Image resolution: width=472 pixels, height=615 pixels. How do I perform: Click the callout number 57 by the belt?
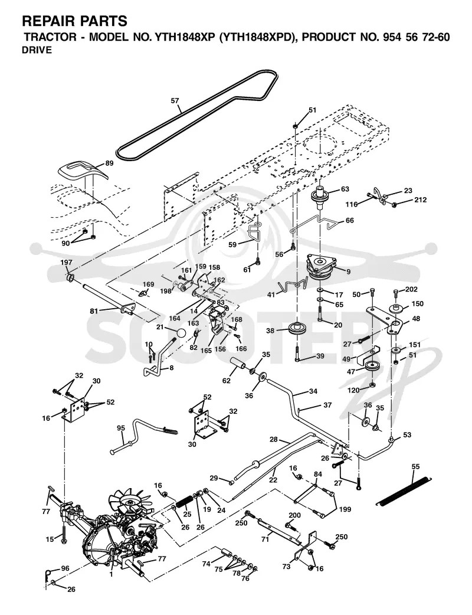pyautogui.click(x=175, y=101)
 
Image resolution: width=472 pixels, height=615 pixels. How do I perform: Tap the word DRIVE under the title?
pyautogui.click(x=37, y=50)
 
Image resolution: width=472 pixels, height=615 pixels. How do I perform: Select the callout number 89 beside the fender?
pyautogui.click(x=109, y=163)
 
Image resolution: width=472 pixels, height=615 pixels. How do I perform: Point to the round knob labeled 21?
pyautogui.click(x=181, y=333)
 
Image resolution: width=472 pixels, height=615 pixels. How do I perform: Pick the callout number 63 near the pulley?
pyautogui.click(x=345, y=189)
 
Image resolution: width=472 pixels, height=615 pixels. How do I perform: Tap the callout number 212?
pyautogui.click(x=420, y=199)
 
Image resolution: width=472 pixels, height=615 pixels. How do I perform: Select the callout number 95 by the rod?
pyautogui.click(x=121, y=428)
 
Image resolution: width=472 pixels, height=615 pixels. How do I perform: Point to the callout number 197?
pyautogui.click(x=66, y=262)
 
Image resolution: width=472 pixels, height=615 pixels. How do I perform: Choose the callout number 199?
pyautogui.click(x=345, y=509)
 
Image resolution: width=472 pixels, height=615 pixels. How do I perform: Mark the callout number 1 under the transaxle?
pyautogui.click(x=112, y=575)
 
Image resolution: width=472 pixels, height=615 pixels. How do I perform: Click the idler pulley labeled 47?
pyautogui.click(x=371, y=366)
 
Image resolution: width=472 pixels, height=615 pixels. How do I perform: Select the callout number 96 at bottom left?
pyautogui.click(x=65, y=568)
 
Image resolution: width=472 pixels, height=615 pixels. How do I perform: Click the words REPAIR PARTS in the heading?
pyautogui.click(x=74, y=21)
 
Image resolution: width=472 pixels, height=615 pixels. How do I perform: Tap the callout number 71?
pyautogui.click(x=265, y=539)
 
